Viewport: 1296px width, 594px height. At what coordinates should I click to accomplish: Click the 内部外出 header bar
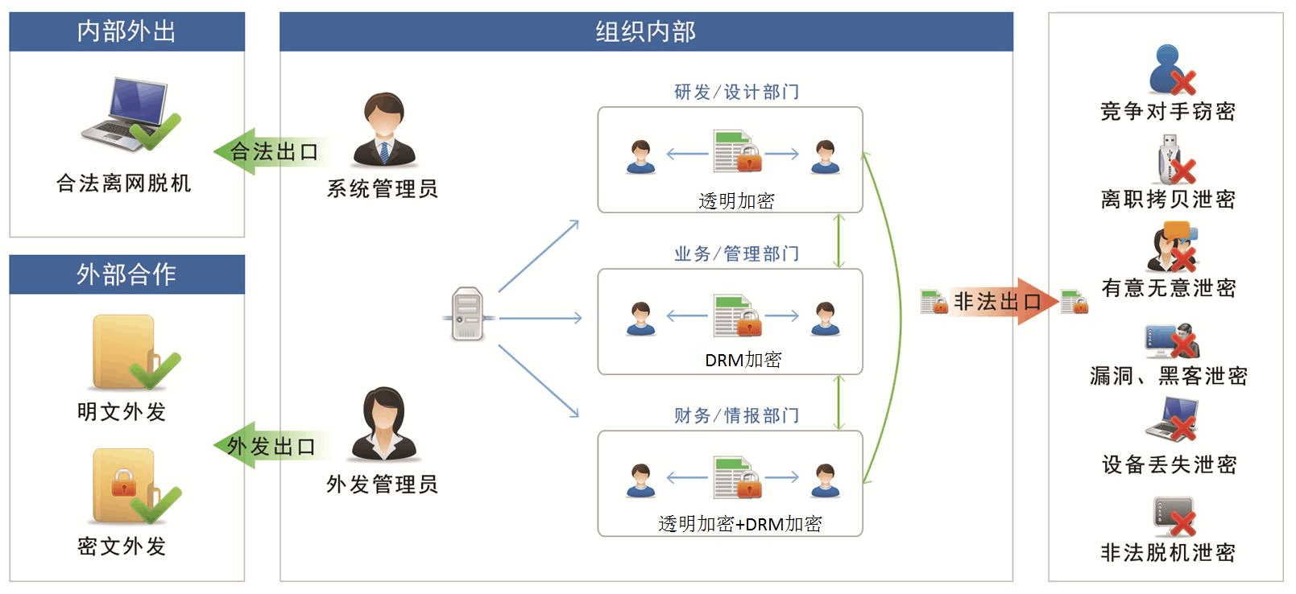(126, 31)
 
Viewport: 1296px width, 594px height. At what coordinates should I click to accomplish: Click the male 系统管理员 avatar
(384, 130)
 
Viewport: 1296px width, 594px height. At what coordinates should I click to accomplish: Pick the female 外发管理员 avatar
(383, 424)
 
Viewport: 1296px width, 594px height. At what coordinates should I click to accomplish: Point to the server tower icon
(467, 314)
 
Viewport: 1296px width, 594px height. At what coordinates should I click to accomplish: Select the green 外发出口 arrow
(270, 445)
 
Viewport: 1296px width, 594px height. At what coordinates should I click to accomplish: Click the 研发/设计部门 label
(736, 92)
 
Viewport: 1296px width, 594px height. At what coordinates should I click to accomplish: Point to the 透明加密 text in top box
(736, 200)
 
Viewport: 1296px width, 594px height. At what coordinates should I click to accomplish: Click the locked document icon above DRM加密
(737, 316)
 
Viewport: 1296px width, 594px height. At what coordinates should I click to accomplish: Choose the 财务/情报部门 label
(736, 415)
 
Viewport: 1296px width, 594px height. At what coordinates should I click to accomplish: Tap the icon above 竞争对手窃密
(1170, 70)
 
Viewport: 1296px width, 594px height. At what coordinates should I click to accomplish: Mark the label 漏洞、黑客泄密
(1168, 376)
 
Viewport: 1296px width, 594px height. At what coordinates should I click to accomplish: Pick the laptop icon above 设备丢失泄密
(1172, 419)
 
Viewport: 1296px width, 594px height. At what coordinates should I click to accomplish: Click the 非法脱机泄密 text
(1168, 552)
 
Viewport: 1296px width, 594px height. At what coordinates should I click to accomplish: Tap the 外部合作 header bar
(126, 274)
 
